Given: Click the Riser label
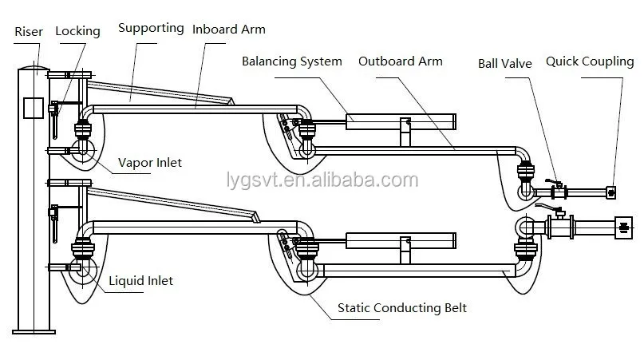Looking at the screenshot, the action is click(x=29, y=32).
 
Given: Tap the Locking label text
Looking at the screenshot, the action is click(x=77, y=31).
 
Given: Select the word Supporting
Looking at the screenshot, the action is click(x=151, y=29).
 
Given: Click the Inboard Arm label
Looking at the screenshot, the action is click(x=229, y=30).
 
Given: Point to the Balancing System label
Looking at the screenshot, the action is click(x=291, y=61).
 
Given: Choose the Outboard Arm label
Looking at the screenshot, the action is click(x=401, y=61).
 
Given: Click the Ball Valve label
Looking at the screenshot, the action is click(x=505, y=64).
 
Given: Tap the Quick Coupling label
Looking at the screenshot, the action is click(x=590, y=61).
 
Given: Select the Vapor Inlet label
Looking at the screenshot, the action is click(x=150, y=163).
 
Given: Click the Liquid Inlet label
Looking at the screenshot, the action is click(x=141, y=281).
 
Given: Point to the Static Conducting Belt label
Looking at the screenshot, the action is click(x=402, y=308).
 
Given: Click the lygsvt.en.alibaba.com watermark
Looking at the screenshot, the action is click(x=322, y=180).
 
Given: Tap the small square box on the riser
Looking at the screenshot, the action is click(x=34, y=108).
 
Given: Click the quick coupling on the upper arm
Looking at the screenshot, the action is click(x=611, y=192).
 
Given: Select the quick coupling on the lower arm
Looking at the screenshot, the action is click(x=623, y=227).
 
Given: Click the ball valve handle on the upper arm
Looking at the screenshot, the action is click(x=553, y=182).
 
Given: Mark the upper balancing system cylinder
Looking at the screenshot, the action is click(x=401, y=122).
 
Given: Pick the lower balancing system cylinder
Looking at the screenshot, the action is click(x=401, y=240).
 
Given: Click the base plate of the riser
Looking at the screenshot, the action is click(x=34, y=331).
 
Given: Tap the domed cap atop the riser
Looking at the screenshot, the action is click(x=34, y=67).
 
